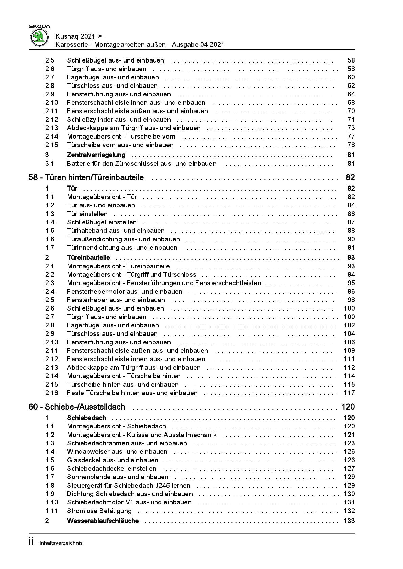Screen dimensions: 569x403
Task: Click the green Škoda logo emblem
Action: coord(40,37)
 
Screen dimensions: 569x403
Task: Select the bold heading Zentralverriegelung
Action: coord(96,155)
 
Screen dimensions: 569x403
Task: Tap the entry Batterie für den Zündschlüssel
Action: coord(141,164)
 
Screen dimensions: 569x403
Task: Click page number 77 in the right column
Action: coord(351,137)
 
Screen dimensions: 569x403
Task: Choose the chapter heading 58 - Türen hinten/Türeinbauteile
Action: coord(86,177)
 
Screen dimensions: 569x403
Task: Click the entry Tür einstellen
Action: coord(87,214)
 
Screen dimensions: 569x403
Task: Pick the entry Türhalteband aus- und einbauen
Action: coord(116,231)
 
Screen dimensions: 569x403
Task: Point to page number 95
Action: coord(351,283)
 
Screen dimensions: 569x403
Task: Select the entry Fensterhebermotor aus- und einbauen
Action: coord(125,292)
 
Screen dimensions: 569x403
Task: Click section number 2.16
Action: coord(52,393)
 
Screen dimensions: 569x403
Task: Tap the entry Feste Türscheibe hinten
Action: coord(132,393)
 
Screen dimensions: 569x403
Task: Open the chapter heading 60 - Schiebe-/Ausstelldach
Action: coord(77,407)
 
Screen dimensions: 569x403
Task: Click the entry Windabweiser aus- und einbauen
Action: coord(117,452)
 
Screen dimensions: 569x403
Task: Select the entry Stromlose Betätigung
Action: coord(99,511)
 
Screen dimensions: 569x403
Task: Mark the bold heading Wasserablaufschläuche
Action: coord(103,521)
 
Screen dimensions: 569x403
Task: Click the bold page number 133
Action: coord(349,521)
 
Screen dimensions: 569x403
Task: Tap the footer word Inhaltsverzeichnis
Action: coord(61,543)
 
